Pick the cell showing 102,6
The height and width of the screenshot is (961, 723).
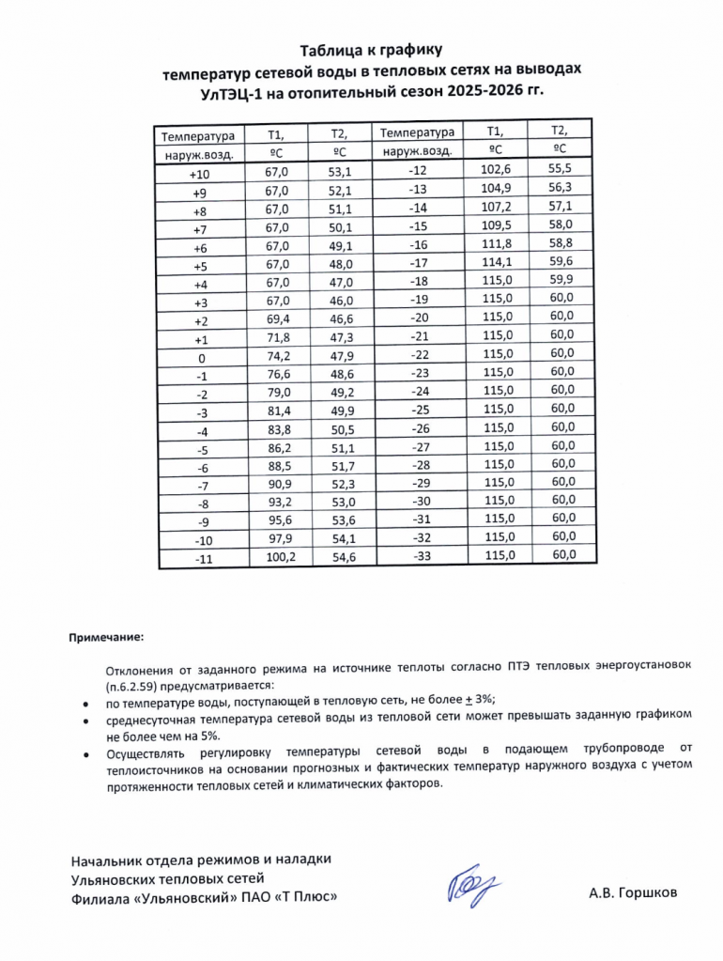(x=494, y=169)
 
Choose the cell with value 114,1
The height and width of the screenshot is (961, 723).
(x=494, y=262)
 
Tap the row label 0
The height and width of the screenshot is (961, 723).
(x=200, y=358)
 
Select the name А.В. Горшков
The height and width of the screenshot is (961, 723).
(x=632, y=892)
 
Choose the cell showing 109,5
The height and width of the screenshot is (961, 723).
(x=494, y=225)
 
